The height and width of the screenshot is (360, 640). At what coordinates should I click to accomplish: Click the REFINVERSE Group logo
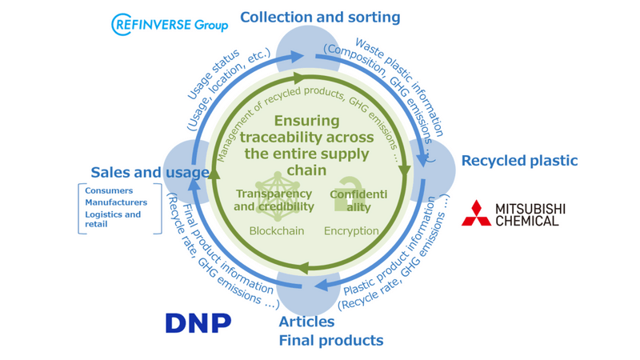click(170, 24)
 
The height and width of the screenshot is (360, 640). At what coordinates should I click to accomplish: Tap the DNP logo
click(198, 322)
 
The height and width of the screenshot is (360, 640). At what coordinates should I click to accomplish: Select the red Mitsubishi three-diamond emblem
click(477, 214)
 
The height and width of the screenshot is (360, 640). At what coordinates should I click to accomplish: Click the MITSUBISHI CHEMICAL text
click(530, 214)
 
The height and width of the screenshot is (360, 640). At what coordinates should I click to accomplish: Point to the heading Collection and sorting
click(320, 17)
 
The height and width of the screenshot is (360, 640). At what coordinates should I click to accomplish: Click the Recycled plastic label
click(519, 161)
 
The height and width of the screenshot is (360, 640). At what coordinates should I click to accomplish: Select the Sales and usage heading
click(150, 172)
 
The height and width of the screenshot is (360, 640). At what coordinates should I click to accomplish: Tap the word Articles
click(306, 322)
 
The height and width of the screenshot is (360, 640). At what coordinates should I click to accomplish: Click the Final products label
click(330, 341)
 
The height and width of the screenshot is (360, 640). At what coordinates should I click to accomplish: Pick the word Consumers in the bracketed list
click(109, 191)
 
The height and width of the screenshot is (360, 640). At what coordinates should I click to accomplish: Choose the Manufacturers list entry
click(116, 202)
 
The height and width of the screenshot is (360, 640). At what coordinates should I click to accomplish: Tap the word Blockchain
click(277, 231)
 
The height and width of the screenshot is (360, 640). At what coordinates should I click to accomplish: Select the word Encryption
click(351, 231)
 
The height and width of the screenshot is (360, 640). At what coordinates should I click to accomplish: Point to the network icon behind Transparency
click(276, 195)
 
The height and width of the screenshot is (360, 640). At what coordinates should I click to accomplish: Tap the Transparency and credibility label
click(273, 200)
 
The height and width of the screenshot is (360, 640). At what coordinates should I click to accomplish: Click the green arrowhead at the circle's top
click(299, 78)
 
